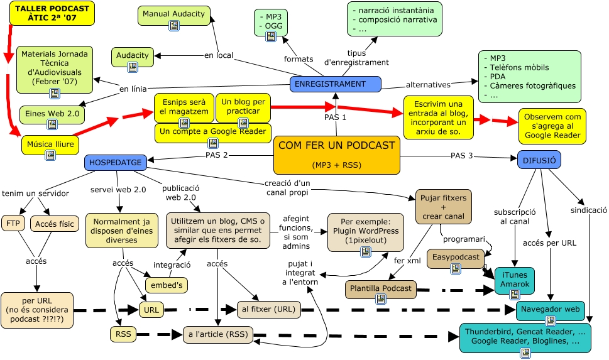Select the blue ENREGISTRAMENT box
click(x=335, y=84)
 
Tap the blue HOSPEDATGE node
click(x=116, y=163)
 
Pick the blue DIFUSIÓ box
click(x=539, y=160)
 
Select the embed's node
click(x=167, y=285)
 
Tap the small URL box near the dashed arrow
click(x=151, y=310)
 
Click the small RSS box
click(x=123, y=334)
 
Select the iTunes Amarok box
click(x=514, y=280)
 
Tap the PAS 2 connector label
click(x=216, y=155)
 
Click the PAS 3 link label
click(x=461, y=156)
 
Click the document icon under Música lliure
click(x=50, y=155)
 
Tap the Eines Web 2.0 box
click(x=51, y=114)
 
